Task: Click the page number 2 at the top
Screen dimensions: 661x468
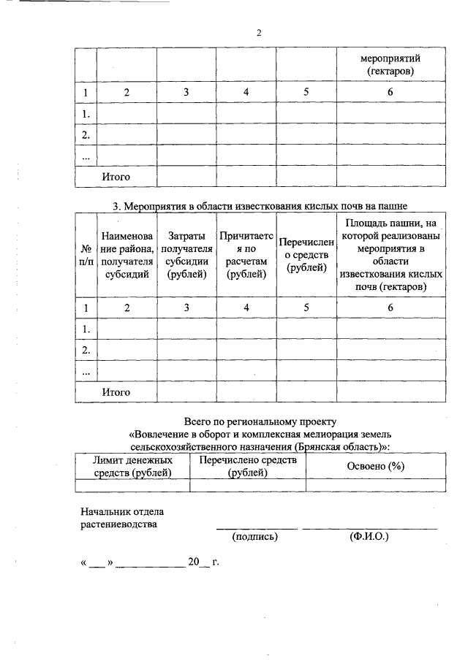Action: (259, 33)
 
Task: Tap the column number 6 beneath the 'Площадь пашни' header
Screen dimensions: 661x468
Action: (390, 307)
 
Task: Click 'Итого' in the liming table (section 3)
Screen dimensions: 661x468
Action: (116, 392)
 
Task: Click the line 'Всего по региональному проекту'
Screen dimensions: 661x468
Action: (260, 421)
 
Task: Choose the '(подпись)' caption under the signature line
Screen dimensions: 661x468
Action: (255, 537)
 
